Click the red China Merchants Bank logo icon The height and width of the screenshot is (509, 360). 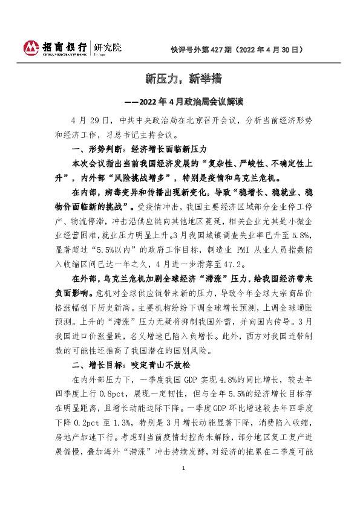[31, 47]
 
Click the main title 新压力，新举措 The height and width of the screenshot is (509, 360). [180, 78]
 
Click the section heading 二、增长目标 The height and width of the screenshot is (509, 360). [93, 365]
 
